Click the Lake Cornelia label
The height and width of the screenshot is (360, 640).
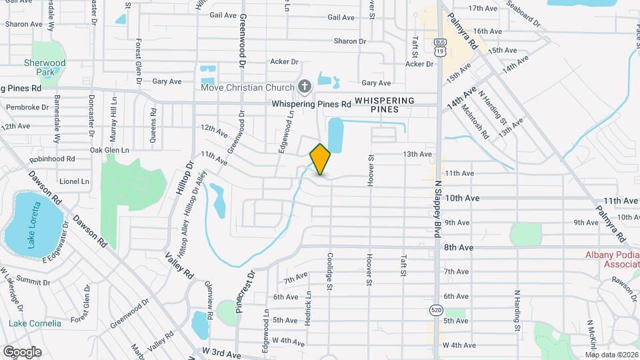(x=35, y=323)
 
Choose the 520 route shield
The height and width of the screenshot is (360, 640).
(x=436, y=310)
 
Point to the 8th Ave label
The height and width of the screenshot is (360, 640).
(x=459, y=247)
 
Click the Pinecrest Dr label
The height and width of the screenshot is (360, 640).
(x=245, y=291)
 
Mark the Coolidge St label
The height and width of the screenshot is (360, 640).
(x=329, y=271)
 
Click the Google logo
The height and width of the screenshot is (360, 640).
(x=22, y=351)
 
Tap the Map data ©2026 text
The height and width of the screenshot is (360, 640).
(x=611, y=355)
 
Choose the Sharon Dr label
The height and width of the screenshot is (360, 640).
(x=350, y=41)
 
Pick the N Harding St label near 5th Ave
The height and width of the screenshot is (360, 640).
(x=517, y=310)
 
